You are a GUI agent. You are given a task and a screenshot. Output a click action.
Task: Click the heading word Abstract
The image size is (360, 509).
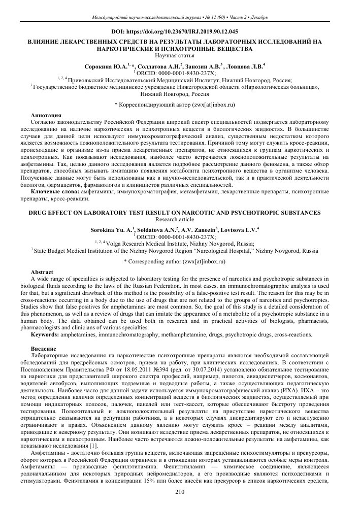point(42,273)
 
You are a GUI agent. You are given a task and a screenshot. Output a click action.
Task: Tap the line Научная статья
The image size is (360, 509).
point(180,55)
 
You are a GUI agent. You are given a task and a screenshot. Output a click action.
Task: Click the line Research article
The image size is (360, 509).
point(180,219)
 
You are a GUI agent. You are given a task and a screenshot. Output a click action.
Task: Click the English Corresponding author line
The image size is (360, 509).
point(179,261)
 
